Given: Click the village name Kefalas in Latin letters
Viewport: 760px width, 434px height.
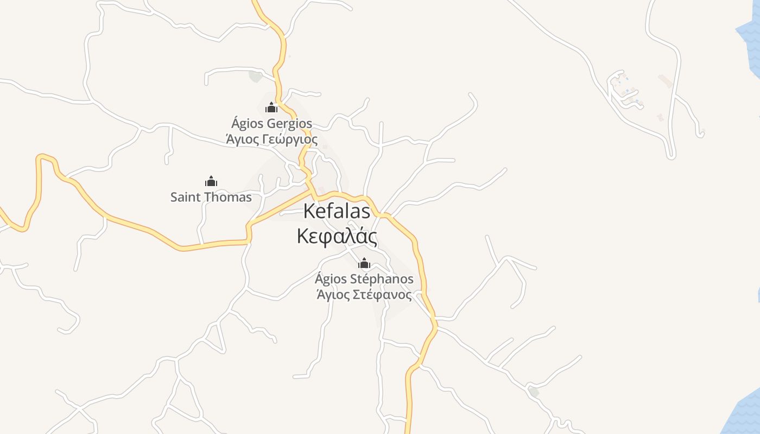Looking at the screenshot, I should click(337, 211).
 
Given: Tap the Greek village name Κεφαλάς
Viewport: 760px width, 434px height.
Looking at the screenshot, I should click(337, 237).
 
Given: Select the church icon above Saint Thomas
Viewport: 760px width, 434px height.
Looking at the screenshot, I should click(211, 181).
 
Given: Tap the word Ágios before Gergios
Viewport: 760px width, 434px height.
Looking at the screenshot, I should click(246, 124).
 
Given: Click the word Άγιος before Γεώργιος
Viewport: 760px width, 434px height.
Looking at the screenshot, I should click(242, 139).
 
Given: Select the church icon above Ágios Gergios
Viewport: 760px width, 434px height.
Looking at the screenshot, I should click(271, 108).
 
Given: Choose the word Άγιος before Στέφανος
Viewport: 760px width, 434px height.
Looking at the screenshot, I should click(333, 295).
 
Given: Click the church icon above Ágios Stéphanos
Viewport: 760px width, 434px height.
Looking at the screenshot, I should click(364, 264).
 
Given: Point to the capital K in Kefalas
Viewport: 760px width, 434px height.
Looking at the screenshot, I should click(309, 211).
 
